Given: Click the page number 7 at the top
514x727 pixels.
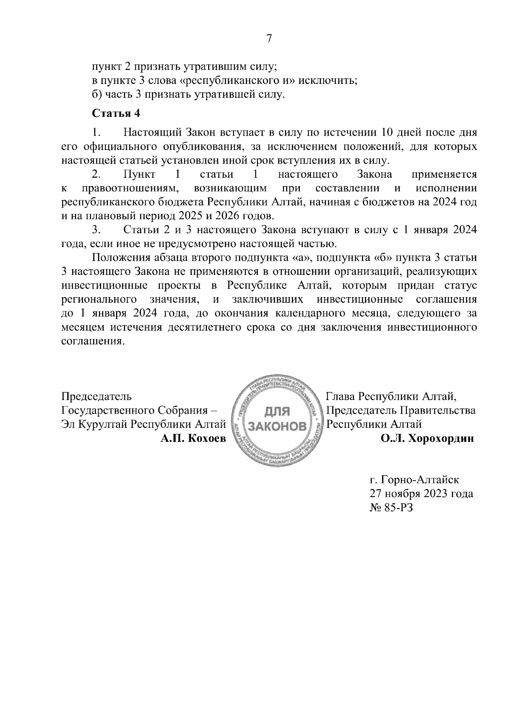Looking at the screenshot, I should coord(269,39).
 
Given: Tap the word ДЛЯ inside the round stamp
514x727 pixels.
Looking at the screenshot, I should coord(276,412).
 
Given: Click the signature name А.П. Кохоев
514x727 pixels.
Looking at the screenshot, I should coord(193,438).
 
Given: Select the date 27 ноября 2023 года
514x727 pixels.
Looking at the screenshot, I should coord(421,493).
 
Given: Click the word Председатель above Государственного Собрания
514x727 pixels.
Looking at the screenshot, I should coord(97,396).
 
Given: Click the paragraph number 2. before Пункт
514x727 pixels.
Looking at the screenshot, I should coord(96,174).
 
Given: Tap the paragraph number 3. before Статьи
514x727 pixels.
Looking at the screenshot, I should coord(96,230).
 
